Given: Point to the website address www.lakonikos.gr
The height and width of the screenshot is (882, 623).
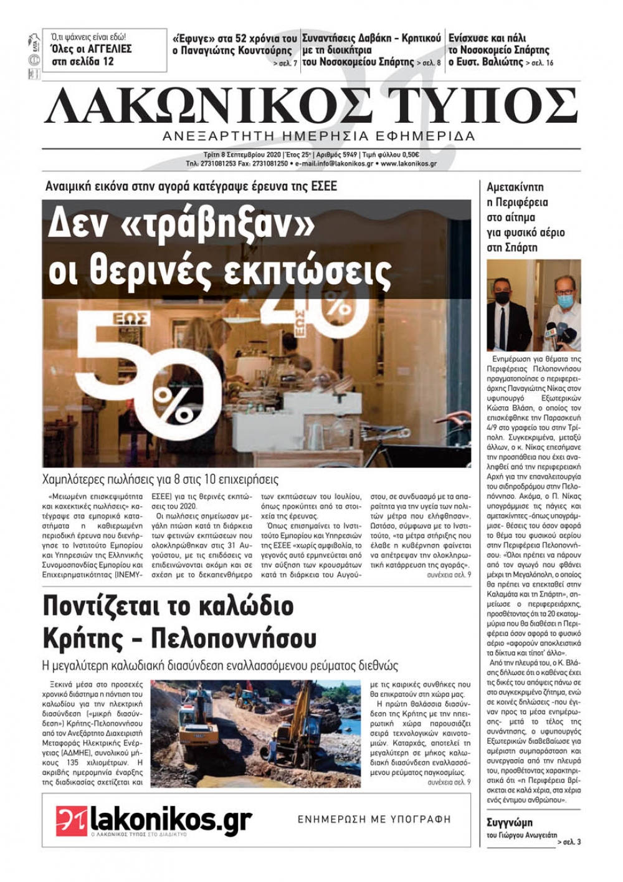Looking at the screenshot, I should [409, 164].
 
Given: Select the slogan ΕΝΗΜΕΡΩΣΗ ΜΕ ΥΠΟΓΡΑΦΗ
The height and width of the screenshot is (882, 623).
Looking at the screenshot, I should [374, 819].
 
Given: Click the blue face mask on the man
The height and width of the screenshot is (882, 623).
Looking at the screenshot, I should [564, 302].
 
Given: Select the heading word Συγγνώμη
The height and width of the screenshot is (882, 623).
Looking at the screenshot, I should [509, 822].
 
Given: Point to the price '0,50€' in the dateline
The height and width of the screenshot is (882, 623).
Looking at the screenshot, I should [408, 155].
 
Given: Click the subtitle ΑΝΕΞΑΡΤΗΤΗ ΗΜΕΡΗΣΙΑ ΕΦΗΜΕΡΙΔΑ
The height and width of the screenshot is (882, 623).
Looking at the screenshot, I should [318, 136].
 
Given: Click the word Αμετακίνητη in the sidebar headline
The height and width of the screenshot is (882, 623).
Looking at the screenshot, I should [515, 187].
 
